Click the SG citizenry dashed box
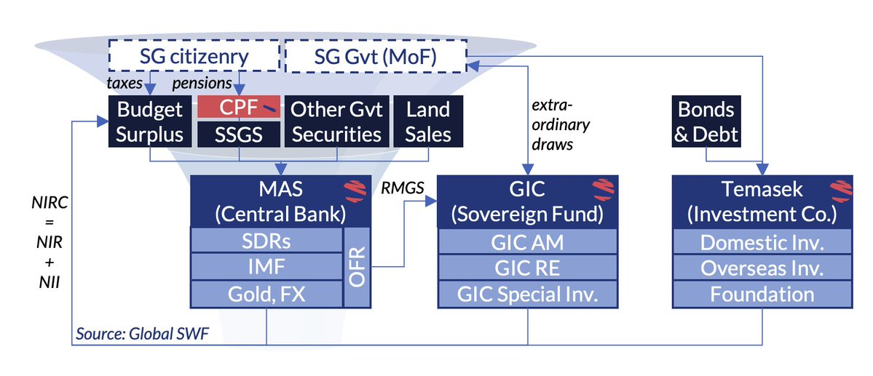[194, 57]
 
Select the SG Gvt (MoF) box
[376, 57]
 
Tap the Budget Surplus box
[150, 121]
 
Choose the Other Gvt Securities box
[336, 121]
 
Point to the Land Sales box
[428, 121]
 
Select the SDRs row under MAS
[266, 241]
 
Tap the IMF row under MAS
[266, 267]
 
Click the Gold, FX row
[266, 293]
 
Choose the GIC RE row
[527, 267]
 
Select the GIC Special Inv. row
[527, 293]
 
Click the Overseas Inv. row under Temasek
[762, 267]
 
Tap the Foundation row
[762, 293]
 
